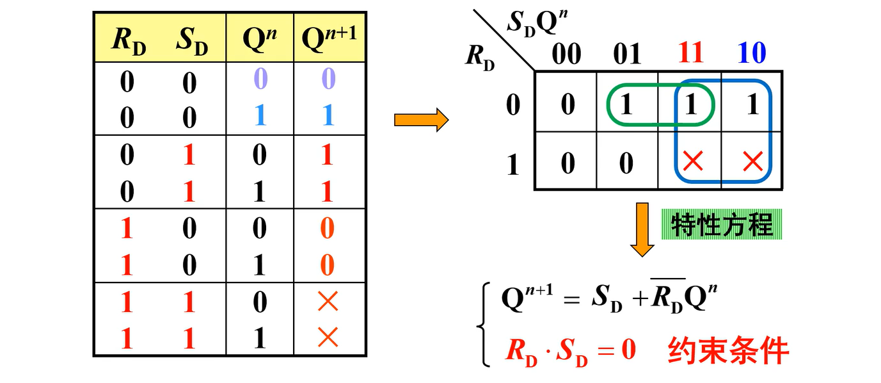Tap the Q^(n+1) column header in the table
(329, 40)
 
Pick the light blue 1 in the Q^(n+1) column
(328, 115)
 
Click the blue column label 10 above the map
(751, 54)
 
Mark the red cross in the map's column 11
(692, 161)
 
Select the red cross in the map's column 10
(752, 161)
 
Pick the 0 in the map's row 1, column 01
(626, 163)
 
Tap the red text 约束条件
(728, 350)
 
